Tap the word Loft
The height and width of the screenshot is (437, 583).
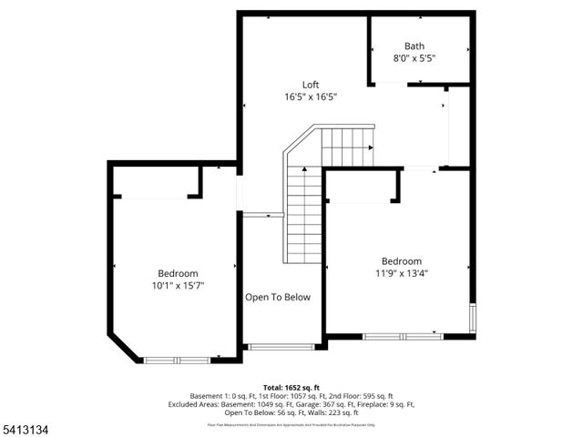click(312, 85)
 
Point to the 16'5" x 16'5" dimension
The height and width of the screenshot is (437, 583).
click(312, 97)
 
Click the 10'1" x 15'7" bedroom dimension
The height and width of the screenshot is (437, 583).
click(178, 285)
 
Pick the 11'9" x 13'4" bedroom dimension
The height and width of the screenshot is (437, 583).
click(401, 271)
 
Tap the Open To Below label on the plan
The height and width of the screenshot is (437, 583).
click(278, 297)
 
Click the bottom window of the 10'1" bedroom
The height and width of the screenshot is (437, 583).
click(177, 360)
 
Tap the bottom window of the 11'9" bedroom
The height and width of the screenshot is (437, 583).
click(403, 336)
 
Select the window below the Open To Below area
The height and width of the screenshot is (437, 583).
click(281, 347)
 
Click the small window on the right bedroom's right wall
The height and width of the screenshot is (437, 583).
click(472, 320)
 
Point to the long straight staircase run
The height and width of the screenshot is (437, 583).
click(303, 215)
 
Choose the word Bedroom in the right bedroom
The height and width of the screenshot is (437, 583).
click(401, 260)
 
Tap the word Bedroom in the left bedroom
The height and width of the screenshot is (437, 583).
click(178, 273)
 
